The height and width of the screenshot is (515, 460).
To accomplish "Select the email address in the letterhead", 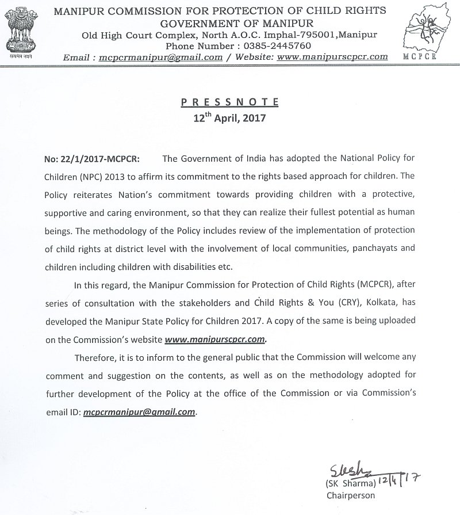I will pos(161,57).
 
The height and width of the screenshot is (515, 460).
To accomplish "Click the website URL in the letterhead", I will pos(332,57).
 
